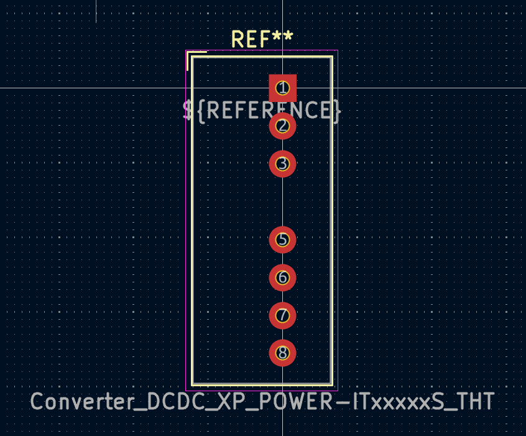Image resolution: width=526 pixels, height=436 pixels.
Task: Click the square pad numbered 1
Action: [282, 88]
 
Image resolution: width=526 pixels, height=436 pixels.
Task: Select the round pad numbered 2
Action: [282, 126]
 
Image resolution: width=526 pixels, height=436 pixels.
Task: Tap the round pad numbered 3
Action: [282, 164]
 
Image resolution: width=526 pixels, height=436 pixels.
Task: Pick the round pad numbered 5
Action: [282, 239]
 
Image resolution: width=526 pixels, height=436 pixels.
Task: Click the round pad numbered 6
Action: [282, 277]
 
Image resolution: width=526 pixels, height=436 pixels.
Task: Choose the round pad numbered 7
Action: [282, 315]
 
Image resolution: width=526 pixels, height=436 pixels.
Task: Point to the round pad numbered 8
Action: [282, 353]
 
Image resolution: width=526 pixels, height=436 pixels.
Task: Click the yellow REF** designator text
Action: [262, 39]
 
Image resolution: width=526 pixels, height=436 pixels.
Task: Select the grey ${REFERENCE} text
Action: [262, 111]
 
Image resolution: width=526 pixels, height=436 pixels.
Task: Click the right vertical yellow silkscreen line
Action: [332, 221]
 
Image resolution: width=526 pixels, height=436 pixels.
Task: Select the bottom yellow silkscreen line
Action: [262, 384]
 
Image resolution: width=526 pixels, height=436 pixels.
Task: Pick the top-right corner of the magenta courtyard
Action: [338, 50]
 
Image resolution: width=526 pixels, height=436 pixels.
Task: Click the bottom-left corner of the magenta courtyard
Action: [186, 391]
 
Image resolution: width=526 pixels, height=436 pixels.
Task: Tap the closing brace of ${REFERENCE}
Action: [337, 111]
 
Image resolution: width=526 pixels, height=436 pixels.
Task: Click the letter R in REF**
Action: [238, 39]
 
